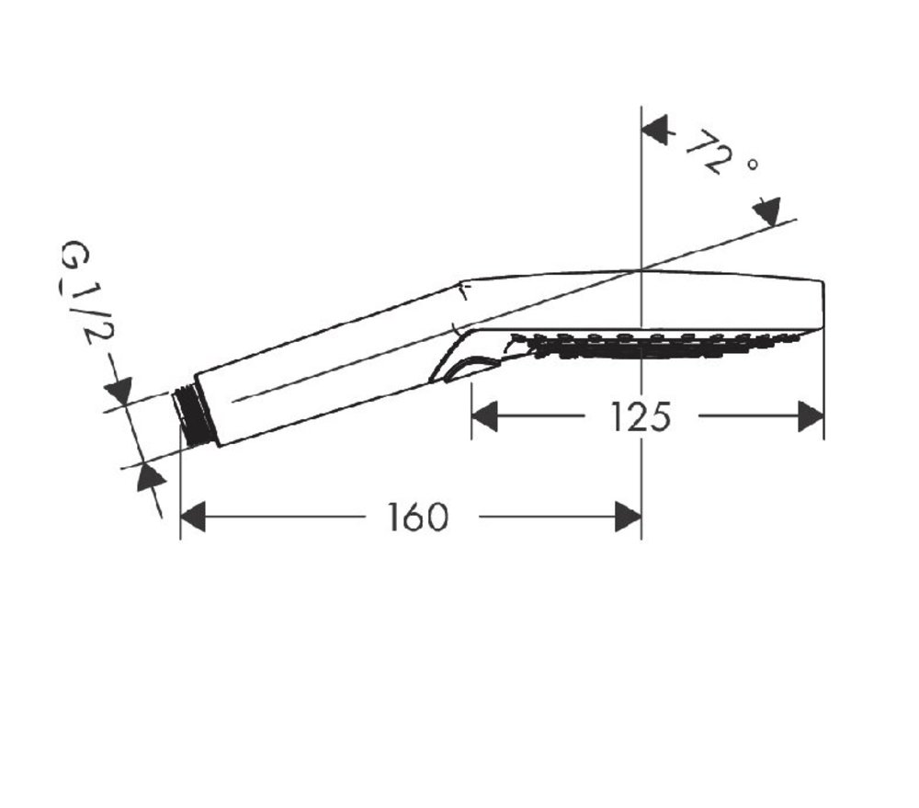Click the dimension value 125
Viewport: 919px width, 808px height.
pyautogui.click(x=640, y=417)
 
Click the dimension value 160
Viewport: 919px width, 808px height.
pyautogui.click(x=418, y=518)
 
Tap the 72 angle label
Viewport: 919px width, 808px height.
pyautogui.click(x=709, y=151)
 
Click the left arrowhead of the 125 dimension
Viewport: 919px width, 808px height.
pyautogui.click(x=484, y=415)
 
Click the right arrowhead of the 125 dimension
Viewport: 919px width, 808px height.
pyautogui.click(x=811, y=416)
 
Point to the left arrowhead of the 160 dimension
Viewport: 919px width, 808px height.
pyautogui.click(x=193, y=517)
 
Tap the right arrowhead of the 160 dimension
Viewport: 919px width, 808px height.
pyautogui.click(x=628, y=517)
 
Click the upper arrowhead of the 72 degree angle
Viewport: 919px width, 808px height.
pyautogui.click(x=655, y=130)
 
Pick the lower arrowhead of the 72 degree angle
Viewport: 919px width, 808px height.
pyautogui.click(x=767, y=211)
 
